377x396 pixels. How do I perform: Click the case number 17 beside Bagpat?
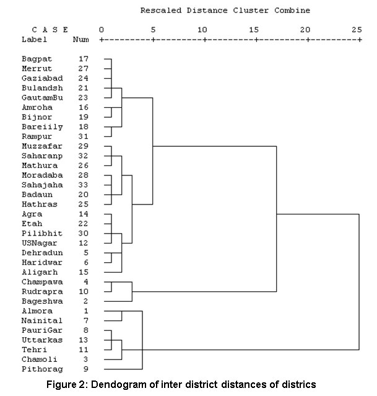pyautogui.click(x=84, y=58)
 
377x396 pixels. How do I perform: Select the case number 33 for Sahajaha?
pyautogui.click(x=84, y=185)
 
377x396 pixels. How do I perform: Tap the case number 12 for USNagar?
pyautogui.click(x=84, y=243)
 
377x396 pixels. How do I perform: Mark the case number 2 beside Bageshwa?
pyautogui.click(x=86, y=301)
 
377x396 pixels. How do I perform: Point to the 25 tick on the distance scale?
pyautogui.click(x=357, y=29)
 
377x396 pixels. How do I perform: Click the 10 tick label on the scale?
pyautogui.click(x=202, y=29)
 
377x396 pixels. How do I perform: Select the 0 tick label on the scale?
pyautogui.click(x=102, y=29)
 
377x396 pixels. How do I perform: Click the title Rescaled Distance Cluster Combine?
pyautogui.click(x=225, y=11)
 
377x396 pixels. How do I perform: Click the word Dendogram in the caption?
pyautogui.click(x=121, y=385)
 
